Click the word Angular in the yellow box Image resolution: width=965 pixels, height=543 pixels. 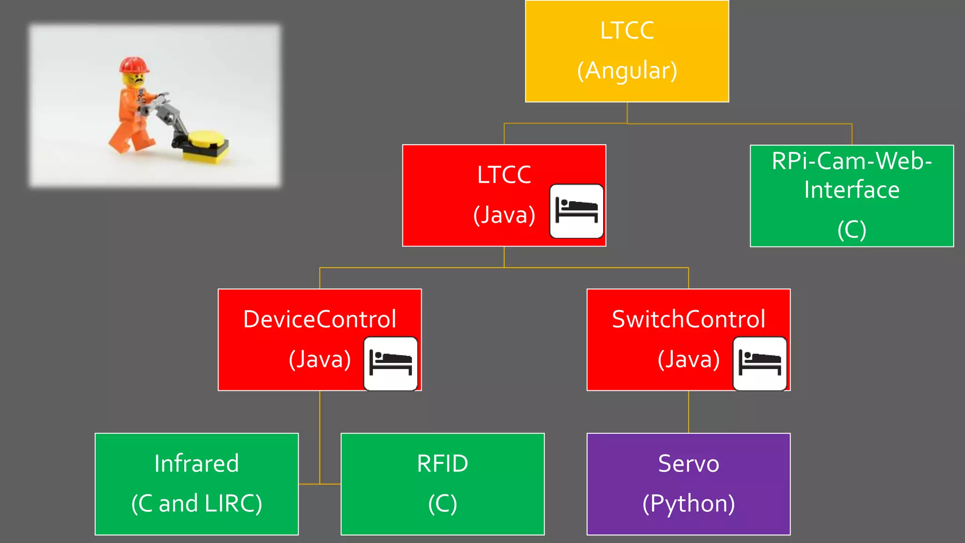[x=627, y=71]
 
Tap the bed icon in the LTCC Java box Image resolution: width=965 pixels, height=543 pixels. [x=576, y=211]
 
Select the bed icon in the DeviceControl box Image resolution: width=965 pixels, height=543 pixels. [x=391, y=363]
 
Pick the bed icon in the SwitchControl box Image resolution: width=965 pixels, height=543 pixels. [x=760, y=363]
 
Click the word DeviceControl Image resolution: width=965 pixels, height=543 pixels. [x=319, y=319]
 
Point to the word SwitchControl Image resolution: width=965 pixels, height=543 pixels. [x=688, y=319]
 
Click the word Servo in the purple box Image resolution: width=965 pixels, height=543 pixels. [x=688, y=463]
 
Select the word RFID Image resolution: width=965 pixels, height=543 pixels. [x=442, y=463]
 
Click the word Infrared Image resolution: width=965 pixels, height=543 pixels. [x=196, y=463]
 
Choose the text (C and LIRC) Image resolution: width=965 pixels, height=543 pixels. [x=196, y=503]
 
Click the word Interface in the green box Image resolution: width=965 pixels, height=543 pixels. [x=851, y=189]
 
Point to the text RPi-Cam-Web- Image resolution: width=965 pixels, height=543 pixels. [x=851, y=161]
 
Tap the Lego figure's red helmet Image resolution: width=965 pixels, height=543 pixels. [x=134, y=65]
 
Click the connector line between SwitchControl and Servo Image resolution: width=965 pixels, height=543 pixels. [x=688, y=411]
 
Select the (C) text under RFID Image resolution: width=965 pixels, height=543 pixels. [x=442, y=503]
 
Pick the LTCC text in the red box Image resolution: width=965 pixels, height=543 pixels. [x=504, y=175]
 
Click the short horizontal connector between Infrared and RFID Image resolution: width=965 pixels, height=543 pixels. [x=319, y=484]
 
